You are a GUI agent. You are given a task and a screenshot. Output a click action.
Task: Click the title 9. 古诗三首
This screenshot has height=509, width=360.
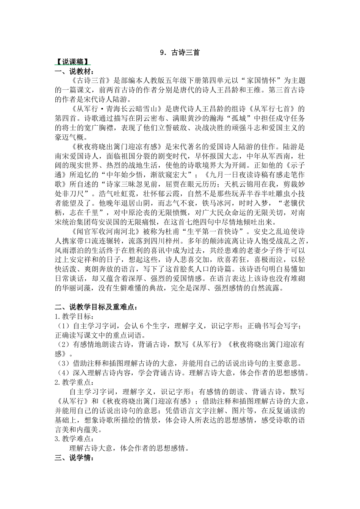click(x=180, y=53)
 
